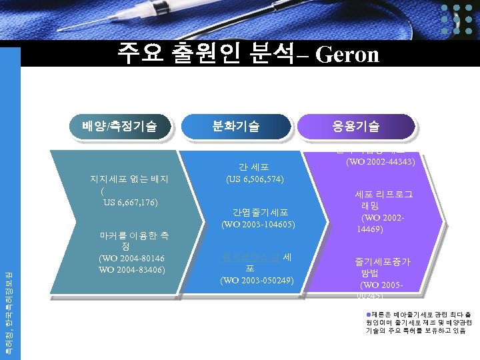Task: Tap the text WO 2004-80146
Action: click(131, 258)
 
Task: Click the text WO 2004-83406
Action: click(131, 269)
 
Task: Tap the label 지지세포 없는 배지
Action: click(133, 179)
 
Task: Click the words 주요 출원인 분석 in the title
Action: click(205, 52)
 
